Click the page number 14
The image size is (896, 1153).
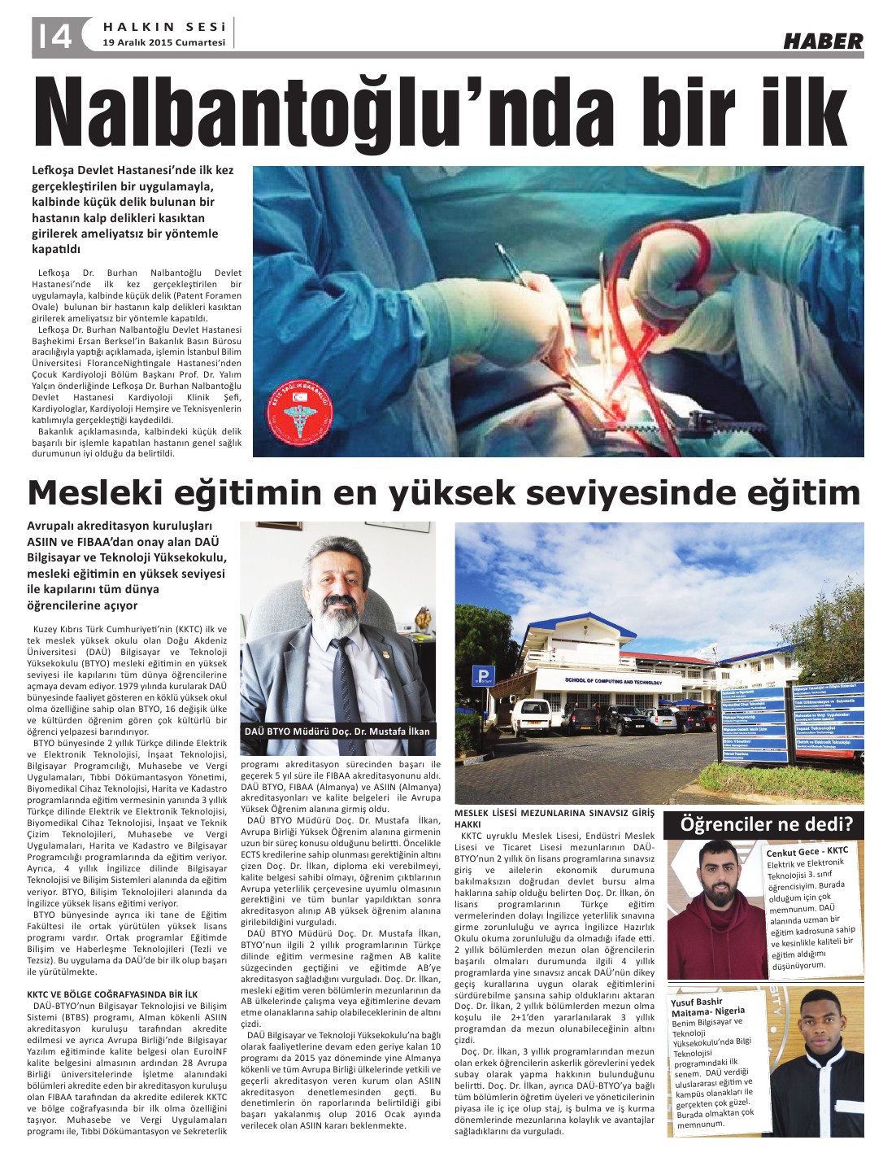click(x=52, y=35)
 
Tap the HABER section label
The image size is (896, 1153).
click(x=822, y=41)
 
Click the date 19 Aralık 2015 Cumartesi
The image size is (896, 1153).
click(x=163, y=43)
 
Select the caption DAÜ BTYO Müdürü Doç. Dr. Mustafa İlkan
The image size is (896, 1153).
click(x=337, y=731)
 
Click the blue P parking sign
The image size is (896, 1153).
click(x=484, y=675)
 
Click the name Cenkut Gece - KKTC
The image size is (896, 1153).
click(x=807, y=852)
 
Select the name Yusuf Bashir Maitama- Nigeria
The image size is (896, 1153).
click(x=707, y=1006)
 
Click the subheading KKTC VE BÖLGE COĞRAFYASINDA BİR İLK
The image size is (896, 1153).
click(x=112, y=994)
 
